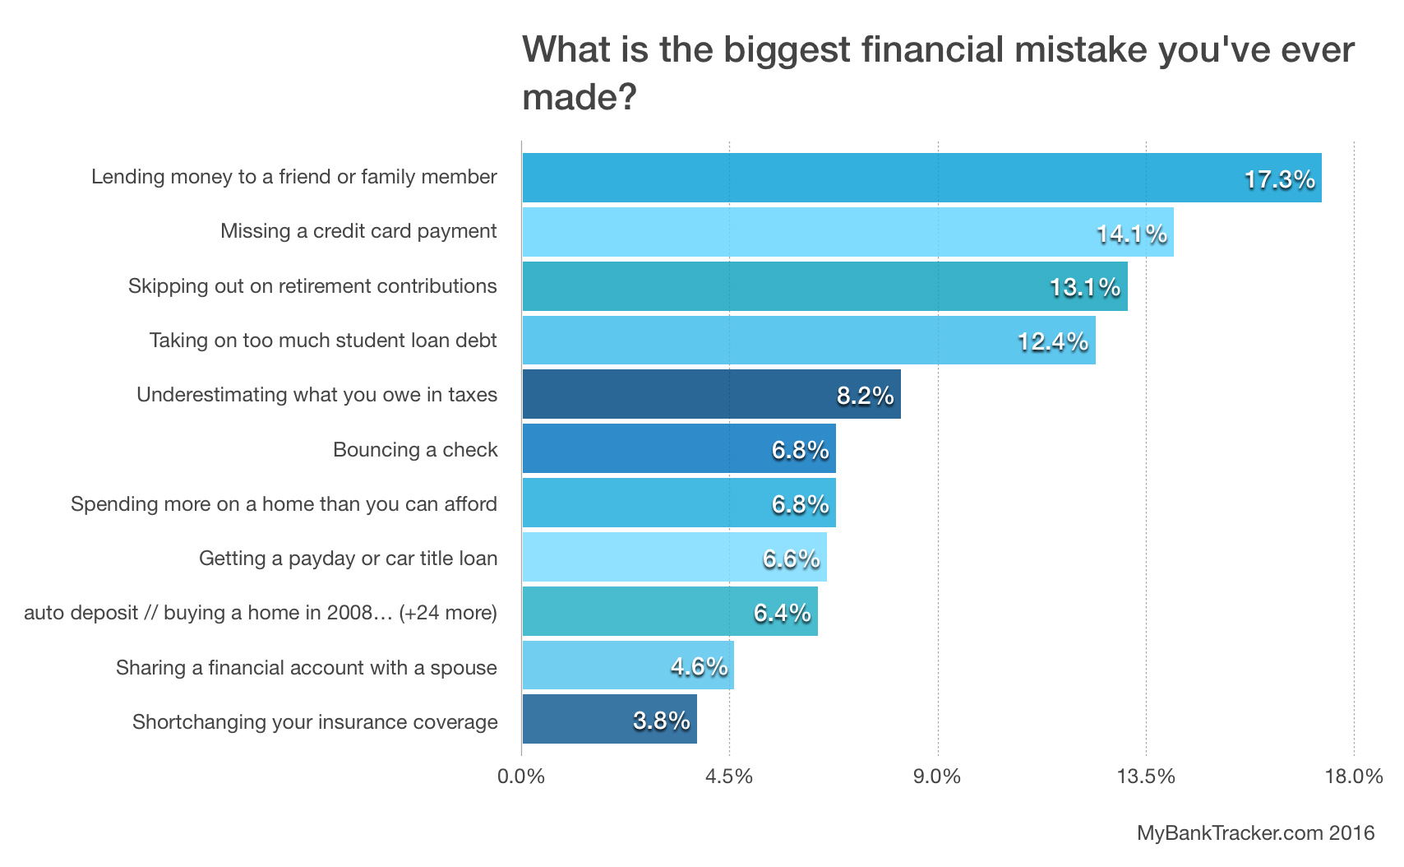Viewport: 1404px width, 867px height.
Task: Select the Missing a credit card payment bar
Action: coord(847,232)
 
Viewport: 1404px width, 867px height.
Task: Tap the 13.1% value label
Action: coord(1085,287)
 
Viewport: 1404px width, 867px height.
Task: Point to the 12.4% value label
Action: coord(1053,341)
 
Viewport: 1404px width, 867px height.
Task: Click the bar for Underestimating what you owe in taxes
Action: coord(711,394)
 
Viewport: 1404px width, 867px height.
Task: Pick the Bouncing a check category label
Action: coord(415,450)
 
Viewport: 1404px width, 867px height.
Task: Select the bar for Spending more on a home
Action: coord(678,503)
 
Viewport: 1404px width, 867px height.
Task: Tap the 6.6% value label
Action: coord(791,559)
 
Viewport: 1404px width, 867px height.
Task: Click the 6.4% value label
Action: coord(782,613)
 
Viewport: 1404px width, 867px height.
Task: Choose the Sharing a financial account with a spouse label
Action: coord(306,668)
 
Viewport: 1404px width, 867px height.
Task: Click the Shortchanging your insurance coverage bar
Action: coord(609,719)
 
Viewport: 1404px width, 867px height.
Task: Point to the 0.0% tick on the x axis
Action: coord(521,777)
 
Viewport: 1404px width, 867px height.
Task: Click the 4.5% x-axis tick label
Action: coord(729,777)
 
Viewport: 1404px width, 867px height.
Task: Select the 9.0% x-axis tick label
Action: coord(937,777)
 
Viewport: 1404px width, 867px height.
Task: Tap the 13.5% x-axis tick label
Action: coord(1146,777)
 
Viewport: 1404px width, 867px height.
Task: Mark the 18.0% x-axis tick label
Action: coord(1354,777)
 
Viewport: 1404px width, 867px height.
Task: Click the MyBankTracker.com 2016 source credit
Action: coord(1255,833)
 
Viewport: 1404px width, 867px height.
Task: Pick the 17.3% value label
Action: coord(1279,179)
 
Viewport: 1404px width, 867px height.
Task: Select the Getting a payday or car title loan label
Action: coord(348,559)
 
